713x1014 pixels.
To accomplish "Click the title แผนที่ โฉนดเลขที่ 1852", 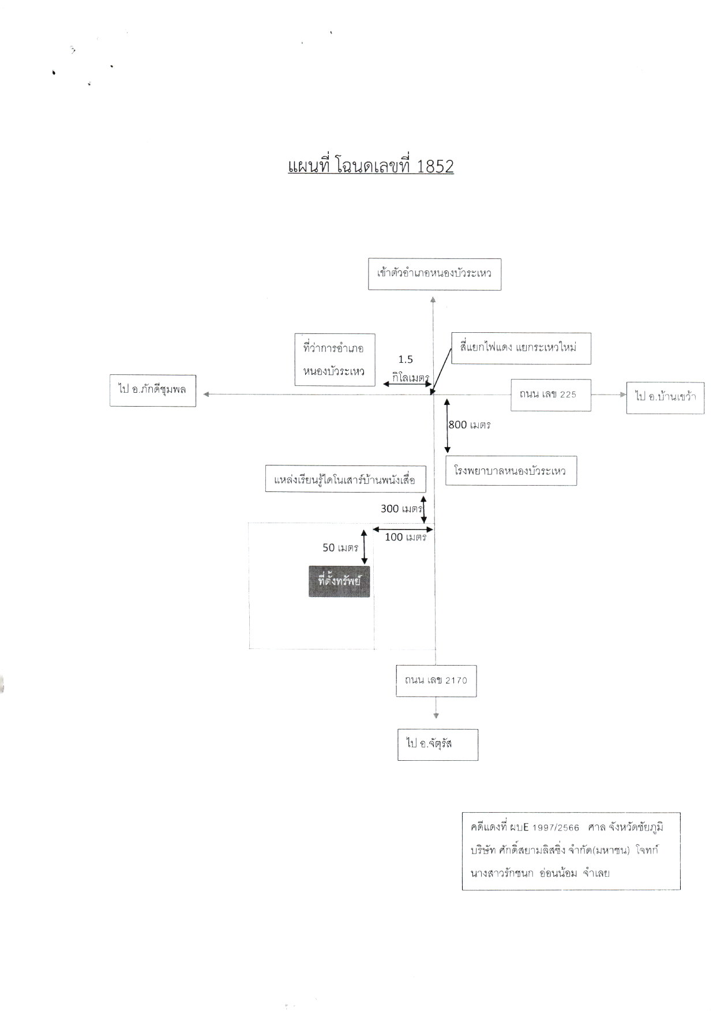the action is pyautogui.click(x=370, y=166).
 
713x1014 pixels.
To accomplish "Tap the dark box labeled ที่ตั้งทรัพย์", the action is pyautogui.click(x=339, y=581).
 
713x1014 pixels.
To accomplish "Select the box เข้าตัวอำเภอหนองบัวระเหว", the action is pyautogui.click(x=434, y=273).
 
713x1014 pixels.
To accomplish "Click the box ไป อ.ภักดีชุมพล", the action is pyautogui.click(x=153, y=390).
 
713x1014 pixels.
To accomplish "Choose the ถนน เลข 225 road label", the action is pyautogui.click(x=550, y=395).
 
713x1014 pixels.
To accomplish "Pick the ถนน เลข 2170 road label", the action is pyautogui.click(x=436, y=681).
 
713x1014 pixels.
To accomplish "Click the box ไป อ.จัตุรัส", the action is pyautogui.click(x=438, y=744).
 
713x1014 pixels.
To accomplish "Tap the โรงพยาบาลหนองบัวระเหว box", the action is pyautogui.click(x=511, y=471).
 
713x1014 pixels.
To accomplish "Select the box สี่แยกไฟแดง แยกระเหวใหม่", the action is pyautogui.click(x=521, y=348).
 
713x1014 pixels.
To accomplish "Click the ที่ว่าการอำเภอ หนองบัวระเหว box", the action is pyautogui.click(x=335, y=359).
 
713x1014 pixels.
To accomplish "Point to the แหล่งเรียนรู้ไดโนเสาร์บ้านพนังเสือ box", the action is pyautogui.click(x=346, y=479).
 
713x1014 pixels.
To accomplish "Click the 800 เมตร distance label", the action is pyautogui.click(x=470, y=425).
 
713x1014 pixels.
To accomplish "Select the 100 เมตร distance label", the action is pyautogui.click(x=406, y=537).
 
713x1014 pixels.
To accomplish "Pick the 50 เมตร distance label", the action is pyautogui.click(x=340, y=547).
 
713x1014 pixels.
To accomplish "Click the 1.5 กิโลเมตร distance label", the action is pyautogui.click(x=406, y=368).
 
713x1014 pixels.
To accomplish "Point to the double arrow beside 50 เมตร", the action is pyautogui.click(x=364, y=546).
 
